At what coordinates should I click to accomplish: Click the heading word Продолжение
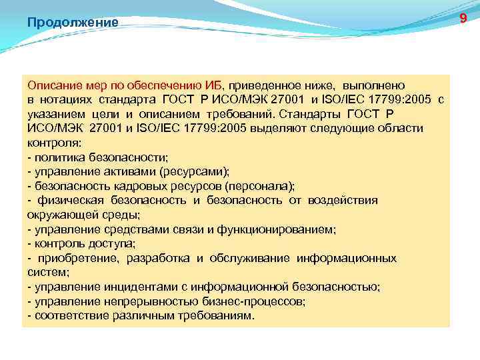tap(73, 23)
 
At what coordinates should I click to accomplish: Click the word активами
tap(123, 171)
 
